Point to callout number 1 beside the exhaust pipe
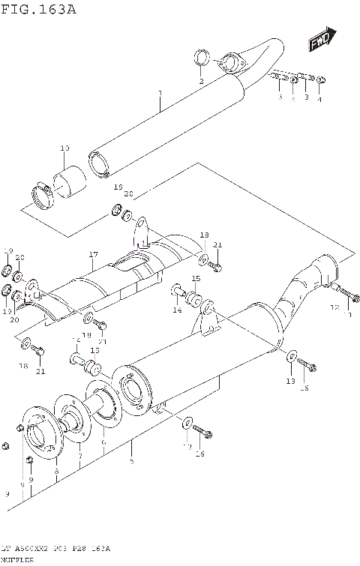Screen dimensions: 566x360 tap(160, 94)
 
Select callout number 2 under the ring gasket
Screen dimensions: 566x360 tap(201, 80)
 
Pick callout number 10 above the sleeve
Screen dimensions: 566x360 tap(64, 148)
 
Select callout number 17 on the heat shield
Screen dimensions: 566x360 tap(93, 254)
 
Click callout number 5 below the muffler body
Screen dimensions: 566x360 tap(131, 460)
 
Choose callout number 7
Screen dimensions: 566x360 tap(79, 456)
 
